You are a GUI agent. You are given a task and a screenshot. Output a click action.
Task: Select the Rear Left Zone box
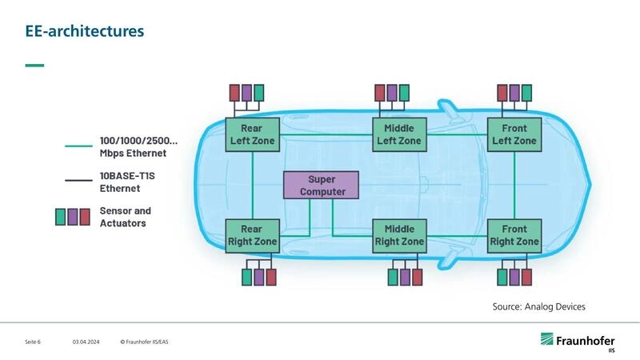(252, 134)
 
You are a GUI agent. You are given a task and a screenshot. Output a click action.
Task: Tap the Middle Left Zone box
(398, 134)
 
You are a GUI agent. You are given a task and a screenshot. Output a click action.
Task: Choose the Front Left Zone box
(514, 134)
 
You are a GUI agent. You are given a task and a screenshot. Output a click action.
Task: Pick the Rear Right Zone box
(252, 235)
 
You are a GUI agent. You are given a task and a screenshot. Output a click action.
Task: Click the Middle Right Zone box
(398, 235)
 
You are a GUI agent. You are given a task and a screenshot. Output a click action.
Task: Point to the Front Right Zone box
(514, 235)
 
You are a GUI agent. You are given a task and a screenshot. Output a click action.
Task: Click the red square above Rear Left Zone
(234, 93)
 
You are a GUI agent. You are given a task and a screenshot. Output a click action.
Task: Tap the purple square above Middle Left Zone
(392, 93)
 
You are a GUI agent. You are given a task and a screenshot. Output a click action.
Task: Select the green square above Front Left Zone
(526, 93)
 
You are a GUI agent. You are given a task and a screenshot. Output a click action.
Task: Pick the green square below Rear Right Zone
(246, 277)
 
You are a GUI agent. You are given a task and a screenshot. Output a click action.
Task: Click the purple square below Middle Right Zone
(405, 277)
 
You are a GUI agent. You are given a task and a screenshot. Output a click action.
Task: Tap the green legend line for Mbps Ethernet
(78, 146)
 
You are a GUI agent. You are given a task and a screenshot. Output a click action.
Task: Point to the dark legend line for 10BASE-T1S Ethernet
(78, 182)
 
